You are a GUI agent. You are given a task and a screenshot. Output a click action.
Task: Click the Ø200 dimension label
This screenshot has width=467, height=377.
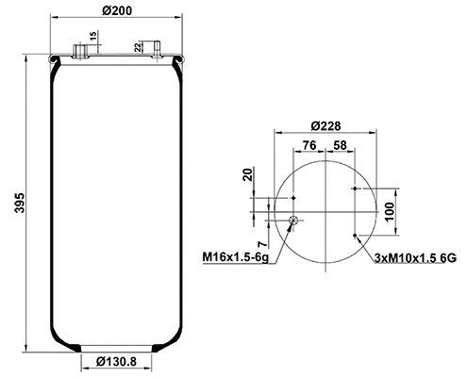(x=113, y=9)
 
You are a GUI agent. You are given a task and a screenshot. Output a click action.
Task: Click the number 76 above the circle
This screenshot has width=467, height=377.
(x=308, y=145)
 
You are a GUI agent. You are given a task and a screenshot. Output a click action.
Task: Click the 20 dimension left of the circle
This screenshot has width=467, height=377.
(x=248, y=174)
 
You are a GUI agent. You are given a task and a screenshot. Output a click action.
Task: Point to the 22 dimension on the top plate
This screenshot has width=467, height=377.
(x=140, y=46)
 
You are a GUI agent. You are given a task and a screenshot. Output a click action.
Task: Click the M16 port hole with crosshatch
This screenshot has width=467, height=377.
(x=293, y=221)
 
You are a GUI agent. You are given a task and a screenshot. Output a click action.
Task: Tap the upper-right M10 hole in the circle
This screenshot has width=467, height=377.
(x=354, y=188)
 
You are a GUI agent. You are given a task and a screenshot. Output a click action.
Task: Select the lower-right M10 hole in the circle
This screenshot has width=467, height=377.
(x=354, y=234)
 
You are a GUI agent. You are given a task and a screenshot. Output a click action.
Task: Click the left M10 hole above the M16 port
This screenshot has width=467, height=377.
(x=293, y=198)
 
